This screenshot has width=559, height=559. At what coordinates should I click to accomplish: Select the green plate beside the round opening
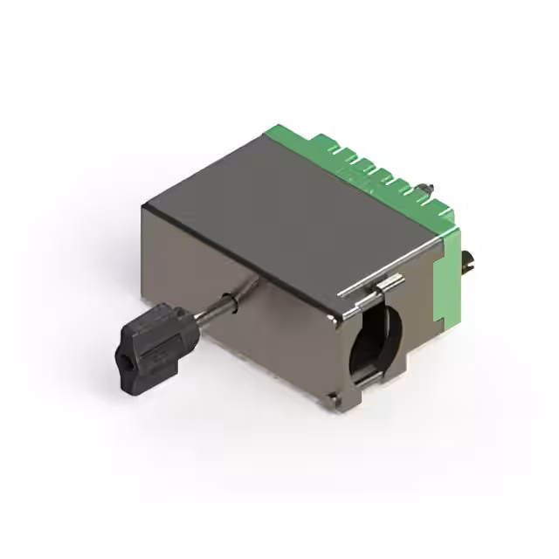[x=447, y=279]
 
